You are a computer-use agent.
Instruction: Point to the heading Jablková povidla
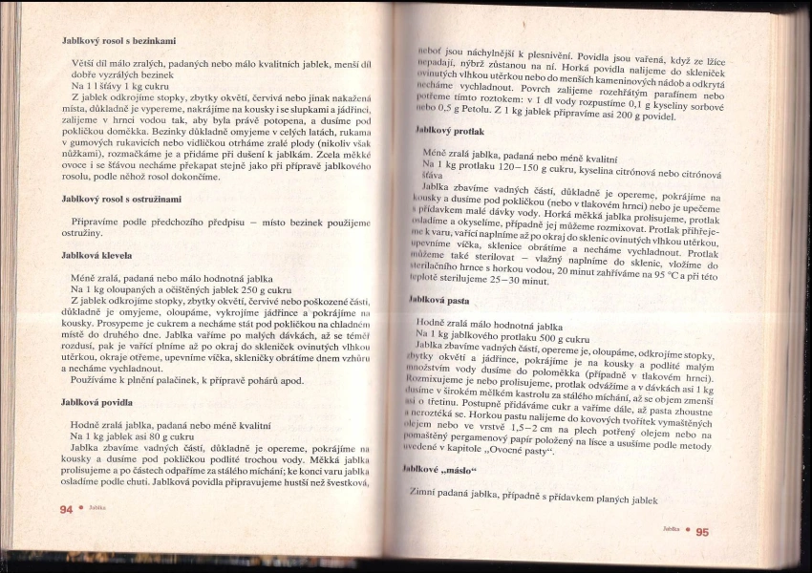coord(96,403)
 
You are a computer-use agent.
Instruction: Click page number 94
coord(66,510)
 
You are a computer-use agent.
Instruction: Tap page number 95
coord(702,532)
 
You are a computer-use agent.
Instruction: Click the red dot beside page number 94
coord(80,510)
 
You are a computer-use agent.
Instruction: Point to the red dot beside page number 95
coord(689,531)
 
